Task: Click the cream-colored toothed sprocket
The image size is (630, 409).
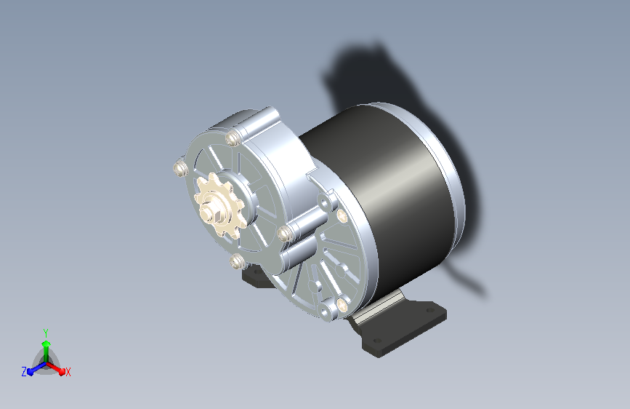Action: click(219, 206)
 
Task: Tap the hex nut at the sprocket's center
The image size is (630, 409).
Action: click(211, 213)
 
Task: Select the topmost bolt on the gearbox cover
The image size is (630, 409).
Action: click(233, 138)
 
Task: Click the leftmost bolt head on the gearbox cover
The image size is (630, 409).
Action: click(180, 168)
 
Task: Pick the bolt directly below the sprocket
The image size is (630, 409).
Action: click(238, 262)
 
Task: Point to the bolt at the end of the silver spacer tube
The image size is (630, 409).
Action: click(284, 233)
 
